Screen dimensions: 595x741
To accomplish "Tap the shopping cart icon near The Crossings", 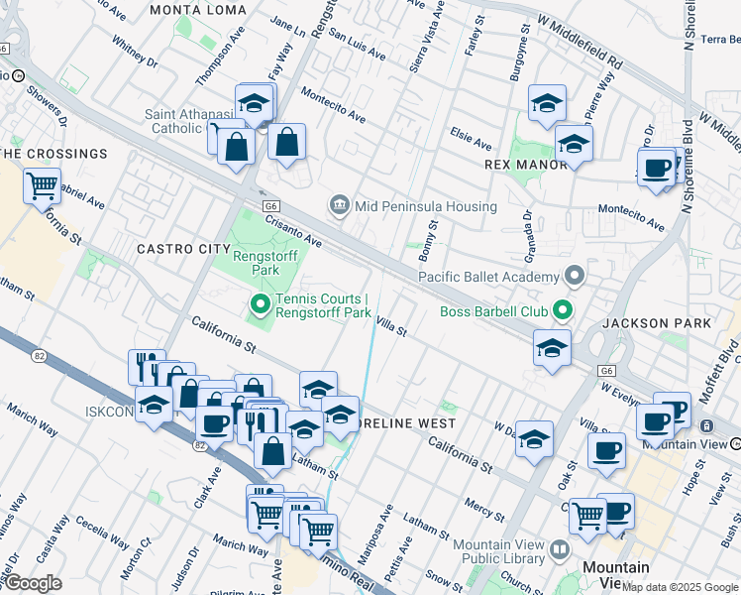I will (x=42, y=183).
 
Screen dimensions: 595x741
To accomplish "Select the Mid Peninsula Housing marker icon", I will (x=340, y=205).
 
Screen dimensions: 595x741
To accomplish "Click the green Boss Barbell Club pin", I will (x=563, y=312).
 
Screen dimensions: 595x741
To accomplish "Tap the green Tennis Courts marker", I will (x=261, y=304).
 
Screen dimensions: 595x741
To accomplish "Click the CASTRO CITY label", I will (x=176, y=248).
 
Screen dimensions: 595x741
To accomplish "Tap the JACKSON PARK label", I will (x=656, y=323).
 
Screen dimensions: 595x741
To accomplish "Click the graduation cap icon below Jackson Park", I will (x=552, y=347).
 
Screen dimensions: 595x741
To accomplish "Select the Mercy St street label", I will (x=484, y=509).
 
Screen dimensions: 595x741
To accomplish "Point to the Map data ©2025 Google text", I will (x=680, y=587).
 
